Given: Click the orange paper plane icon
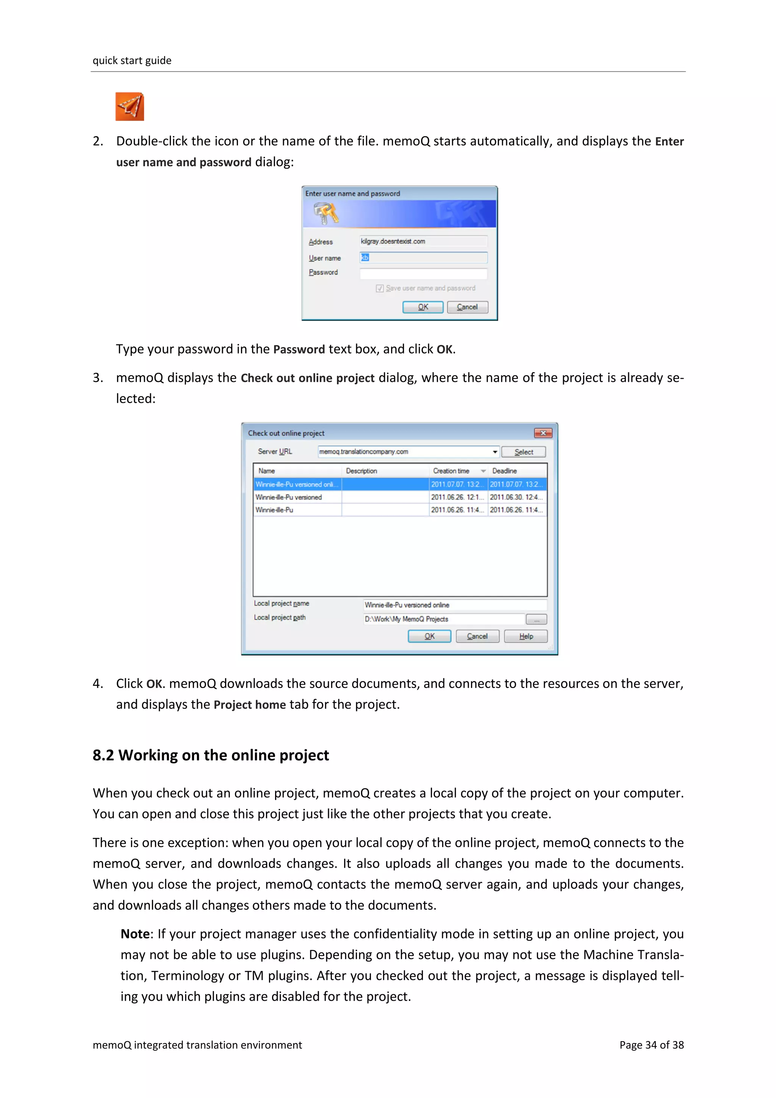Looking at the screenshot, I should [130, 106].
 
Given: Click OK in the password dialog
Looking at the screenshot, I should [422, 307].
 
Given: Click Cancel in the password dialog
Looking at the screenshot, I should [467, 307].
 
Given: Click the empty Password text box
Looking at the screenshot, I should [423, 274].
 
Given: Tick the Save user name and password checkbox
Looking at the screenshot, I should [380, 288].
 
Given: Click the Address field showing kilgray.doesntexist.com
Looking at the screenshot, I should [423, 241].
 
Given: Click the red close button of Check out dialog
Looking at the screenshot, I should [543, 433].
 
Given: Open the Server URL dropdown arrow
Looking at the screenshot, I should [495, 452].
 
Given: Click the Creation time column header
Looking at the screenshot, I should [451, 471].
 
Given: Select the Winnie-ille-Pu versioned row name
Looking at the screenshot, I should [288, 497].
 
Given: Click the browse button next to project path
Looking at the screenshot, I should [536, 620].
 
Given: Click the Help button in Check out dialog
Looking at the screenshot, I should [526, 637].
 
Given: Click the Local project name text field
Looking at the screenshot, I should [454, 605].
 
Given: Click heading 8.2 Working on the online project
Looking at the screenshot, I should [211, 755].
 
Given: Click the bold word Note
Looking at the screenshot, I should [135, 934].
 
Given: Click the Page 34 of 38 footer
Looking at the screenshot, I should [651, 1045].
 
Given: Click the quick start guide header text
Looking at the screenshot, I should [132, 60].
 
